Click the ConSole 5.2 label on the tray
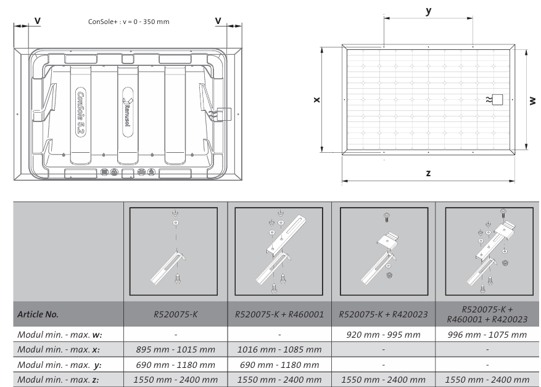[80, 112]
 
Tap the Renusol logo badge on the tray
[128, 112]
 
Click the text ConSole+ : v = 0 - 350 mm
[129, 22]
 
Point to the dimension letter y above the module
[429, 11]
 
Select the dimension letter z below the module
[428, 173]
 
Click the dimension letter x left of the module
[316, 100]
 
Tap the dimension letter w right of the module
[532, 100]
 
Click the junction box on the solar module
[497, 100]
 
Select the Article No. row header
[38, 314]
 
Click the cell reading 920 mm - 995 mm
[383, 335]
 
